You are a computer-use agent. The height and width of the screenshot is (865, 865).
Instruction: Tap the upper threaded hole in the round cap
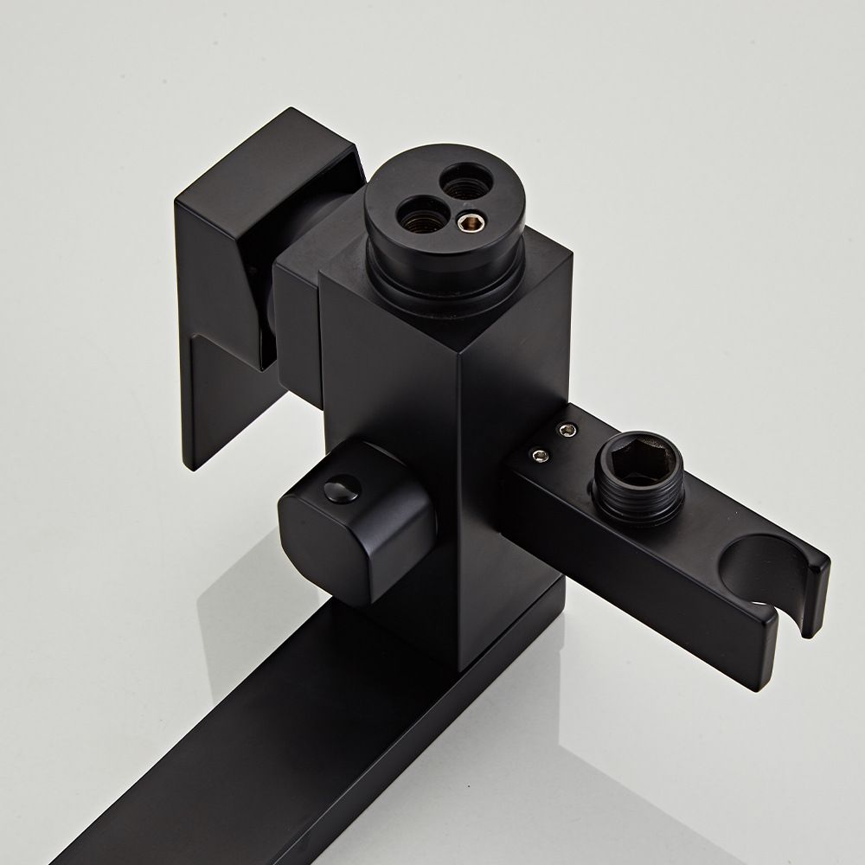(x=456, y=183)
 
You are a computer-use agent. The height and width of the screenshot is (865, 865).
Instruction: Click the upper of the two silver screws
(x=567, y=429)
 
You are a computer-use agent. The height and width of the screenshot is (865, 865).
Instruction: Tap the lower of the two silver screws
(x=539, y=455)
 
